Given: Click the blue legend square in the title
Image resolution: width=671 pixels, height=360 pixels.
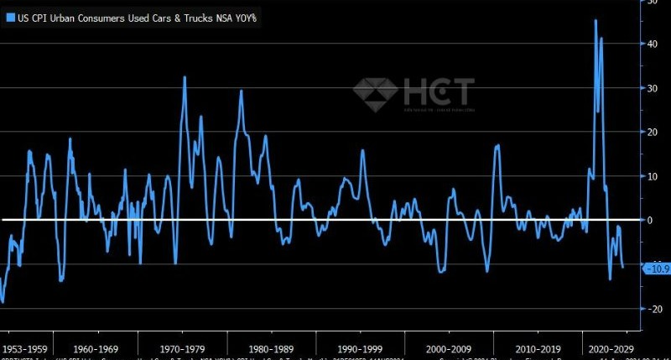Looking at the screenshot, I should pos(10,15).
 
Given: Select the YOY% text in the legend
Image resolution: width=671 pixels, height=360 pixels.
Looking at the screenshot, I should pos(241,15).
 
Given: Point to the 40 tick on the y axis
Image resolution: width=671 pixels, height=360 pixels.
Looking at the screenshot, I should pos(651,44).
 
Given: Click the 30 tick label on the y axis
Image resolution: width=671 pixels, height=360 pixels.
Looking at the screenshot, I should pos(651,88).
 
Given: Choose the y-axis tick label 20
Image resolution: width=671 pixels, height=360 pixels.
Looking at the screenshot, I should pos(651,132).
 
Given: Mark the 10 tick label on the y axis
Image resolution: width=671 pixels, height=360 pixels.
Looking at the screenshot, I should pos(651,176).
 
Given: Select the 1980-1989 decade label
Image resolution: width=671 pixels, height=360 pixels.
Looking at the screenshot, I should pos(270,347).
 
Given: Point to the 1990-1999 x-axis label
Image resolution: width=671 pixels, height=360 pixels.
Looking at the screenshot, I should pos(359,347).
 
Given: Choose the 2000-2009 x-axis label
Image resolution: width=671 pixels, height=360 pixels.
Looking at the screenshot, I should pos(448,347).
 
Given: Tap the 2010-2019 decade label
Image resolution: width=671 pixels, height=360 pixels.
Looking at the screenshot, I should pos(537,347).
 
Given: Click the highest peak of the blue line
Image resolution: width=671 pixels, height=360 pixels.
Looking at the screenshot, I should pos(596,21).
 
